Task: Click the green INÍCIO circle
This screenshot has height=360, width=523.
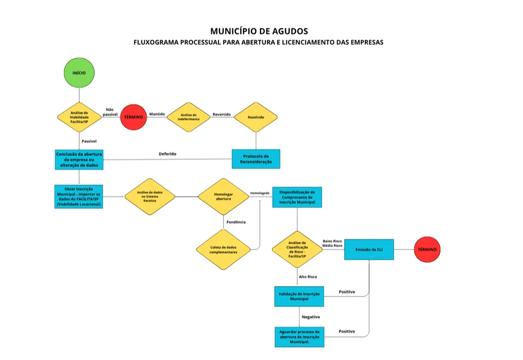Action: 79,73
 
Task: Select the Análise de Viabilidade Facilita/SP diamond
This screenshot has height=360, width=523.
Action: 79,118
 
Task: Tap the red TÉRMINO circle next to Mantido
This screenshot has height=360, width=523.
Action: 134,118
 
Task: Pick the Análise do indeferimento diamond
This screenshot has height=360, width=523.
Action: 189,117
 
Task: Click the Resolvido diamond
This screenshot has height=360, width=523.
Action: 256,117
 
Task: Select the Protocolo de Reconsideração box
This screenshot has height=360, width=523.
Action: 256,159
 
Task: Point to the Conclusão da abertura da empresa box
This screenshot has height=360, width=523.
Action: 79,159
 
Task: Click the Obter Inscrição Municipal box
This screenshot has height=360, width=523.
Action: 79,197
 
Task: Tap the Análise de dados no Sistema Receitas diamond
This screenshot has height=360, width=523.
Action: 149,197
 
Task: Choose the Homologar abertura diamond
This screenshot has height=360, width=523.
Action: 223,197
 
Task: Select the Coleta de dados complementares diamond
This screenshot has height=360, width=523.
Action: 223,250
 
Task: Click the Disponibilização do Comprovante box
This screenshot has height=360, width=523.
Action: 297,197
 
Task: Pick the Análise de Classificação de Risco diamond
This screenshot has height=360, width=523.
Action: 297,250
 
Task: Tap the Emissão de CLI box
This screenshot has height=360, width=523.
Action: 369,250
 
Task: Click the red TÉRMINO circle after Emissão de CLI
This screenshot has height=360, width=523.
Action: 427,250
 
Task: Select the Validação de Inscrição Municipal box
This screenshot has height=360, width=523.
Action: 299,296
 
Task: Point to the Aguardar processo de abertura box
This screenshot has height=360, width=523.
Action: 299,336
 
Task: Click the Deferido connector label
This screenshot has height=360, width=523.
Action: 167,154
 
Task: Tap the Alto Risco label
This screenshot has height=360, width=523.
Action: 308,277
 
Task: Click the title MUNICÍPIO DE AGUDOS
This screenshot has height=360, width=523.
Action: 259,31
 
